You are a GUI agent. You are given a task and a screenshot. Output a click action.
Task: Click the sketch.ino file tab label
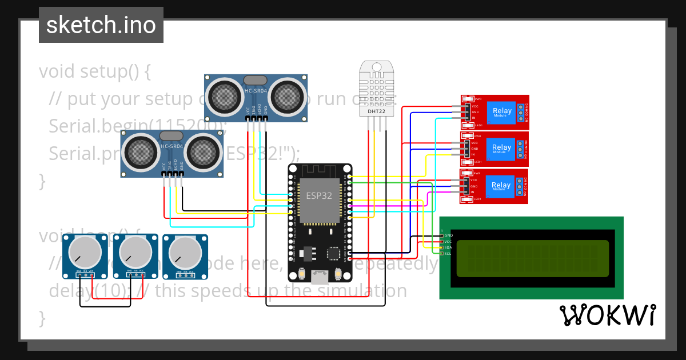tap(101, 25)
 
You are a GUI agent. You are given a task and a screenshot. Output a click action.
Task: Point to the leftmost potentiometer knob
tap(85, 252)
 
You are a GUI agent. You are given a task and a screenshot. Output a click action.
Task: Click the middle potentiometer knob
tap(135, 252)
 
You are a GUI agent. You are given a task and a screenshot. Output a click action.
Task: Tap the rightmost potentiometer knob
tap(185, 252)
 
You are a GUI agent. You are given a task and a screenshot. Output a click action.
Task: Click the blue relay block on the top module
tap(501, 111)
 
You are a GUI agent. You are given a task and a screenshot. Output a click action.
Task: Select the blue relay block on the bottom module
tap(501, 186)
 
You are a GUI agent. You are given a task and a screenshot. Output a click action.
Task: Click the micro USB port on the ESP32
tap(320, 278)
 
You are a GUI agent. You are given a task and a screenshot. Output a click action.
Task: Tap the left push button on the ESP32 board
tap(301, 275)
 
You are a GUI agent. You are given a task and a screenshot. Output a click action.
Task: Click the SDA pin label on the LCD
tap(448, 247)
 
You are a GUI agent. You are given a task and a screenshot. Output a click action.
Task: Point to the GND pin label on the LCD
tap(448, 235)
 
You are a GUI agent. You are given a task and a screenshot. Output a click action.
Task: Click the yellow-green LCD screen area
tap(533, 258)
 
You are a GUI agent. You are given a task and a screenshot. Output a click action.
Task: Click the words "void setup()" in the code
tap(95, 71)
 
